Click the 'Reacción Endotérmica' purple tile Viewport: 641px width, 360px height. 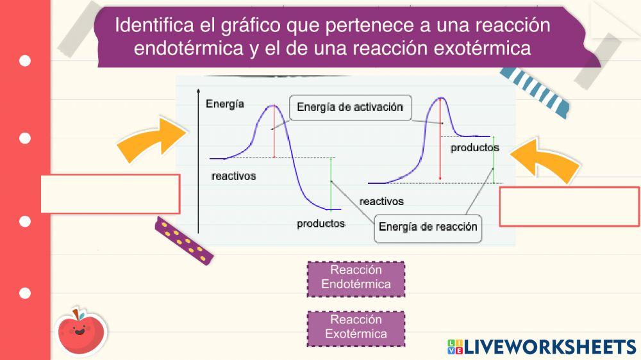coord(356,278)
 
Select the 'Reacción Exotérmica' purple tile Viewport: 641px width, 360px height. coord(356,327)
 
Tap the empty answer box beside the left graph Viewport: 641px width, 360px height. coord(110,193)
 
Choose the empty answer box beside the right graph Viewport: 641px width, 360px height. coord(569,206)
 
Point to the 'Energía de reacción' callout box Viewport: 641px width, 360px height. coord(428,227)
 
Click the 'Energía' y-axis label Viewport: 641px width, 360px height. coord(224,104)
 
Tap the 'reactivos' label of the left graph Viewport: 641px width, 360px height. coord(233,176)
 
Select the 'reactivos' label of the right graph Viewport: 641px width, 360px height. coord(381,201)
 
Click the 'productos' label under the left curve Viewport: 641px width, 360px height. coord(320,224)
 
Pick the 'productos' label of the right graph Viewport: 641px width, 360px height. coord(474,147)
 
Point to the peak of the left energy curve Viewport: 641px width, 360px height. coord(274,105)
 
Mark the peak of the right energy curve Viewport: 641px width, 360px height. coord(440,98)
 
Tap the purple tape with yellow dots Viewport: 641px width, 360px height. coord(184,241)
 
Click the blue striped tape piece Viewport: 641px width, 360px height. coord(537,90)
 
